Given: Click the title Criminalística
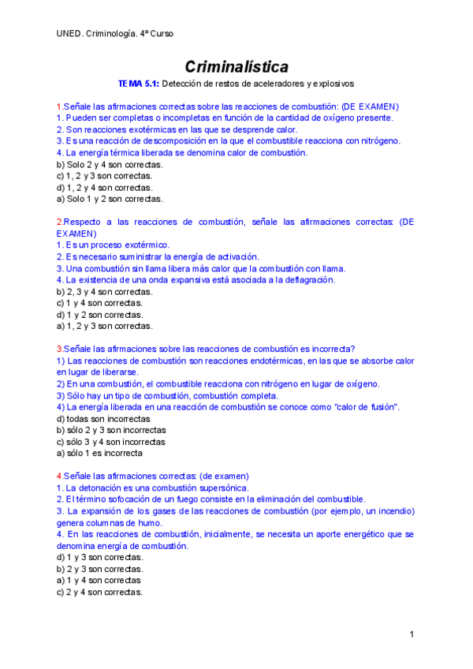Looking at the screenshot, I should tap(236, 66).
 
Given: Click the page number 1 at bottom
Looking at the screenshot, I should tap(412, 634).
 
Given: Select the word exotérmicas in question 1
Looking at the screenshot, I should tap(147, 129).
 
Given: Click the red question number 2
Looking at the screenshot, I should tap(59, 222).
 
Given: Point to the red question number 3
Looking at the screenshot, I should tap(59, 349).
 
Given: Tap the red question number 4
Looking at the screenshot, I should tap(59, 476).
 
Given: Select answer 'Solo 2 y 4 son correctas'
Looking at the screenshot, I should tap(110, 164).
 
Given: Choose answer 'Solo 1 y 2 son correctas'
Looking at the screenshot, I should tap(110, 199).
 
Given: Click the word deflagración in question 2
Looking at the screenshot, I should tap(304, 280).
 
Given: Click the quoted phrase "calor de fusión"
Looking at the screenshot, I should tap(366, 407).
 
